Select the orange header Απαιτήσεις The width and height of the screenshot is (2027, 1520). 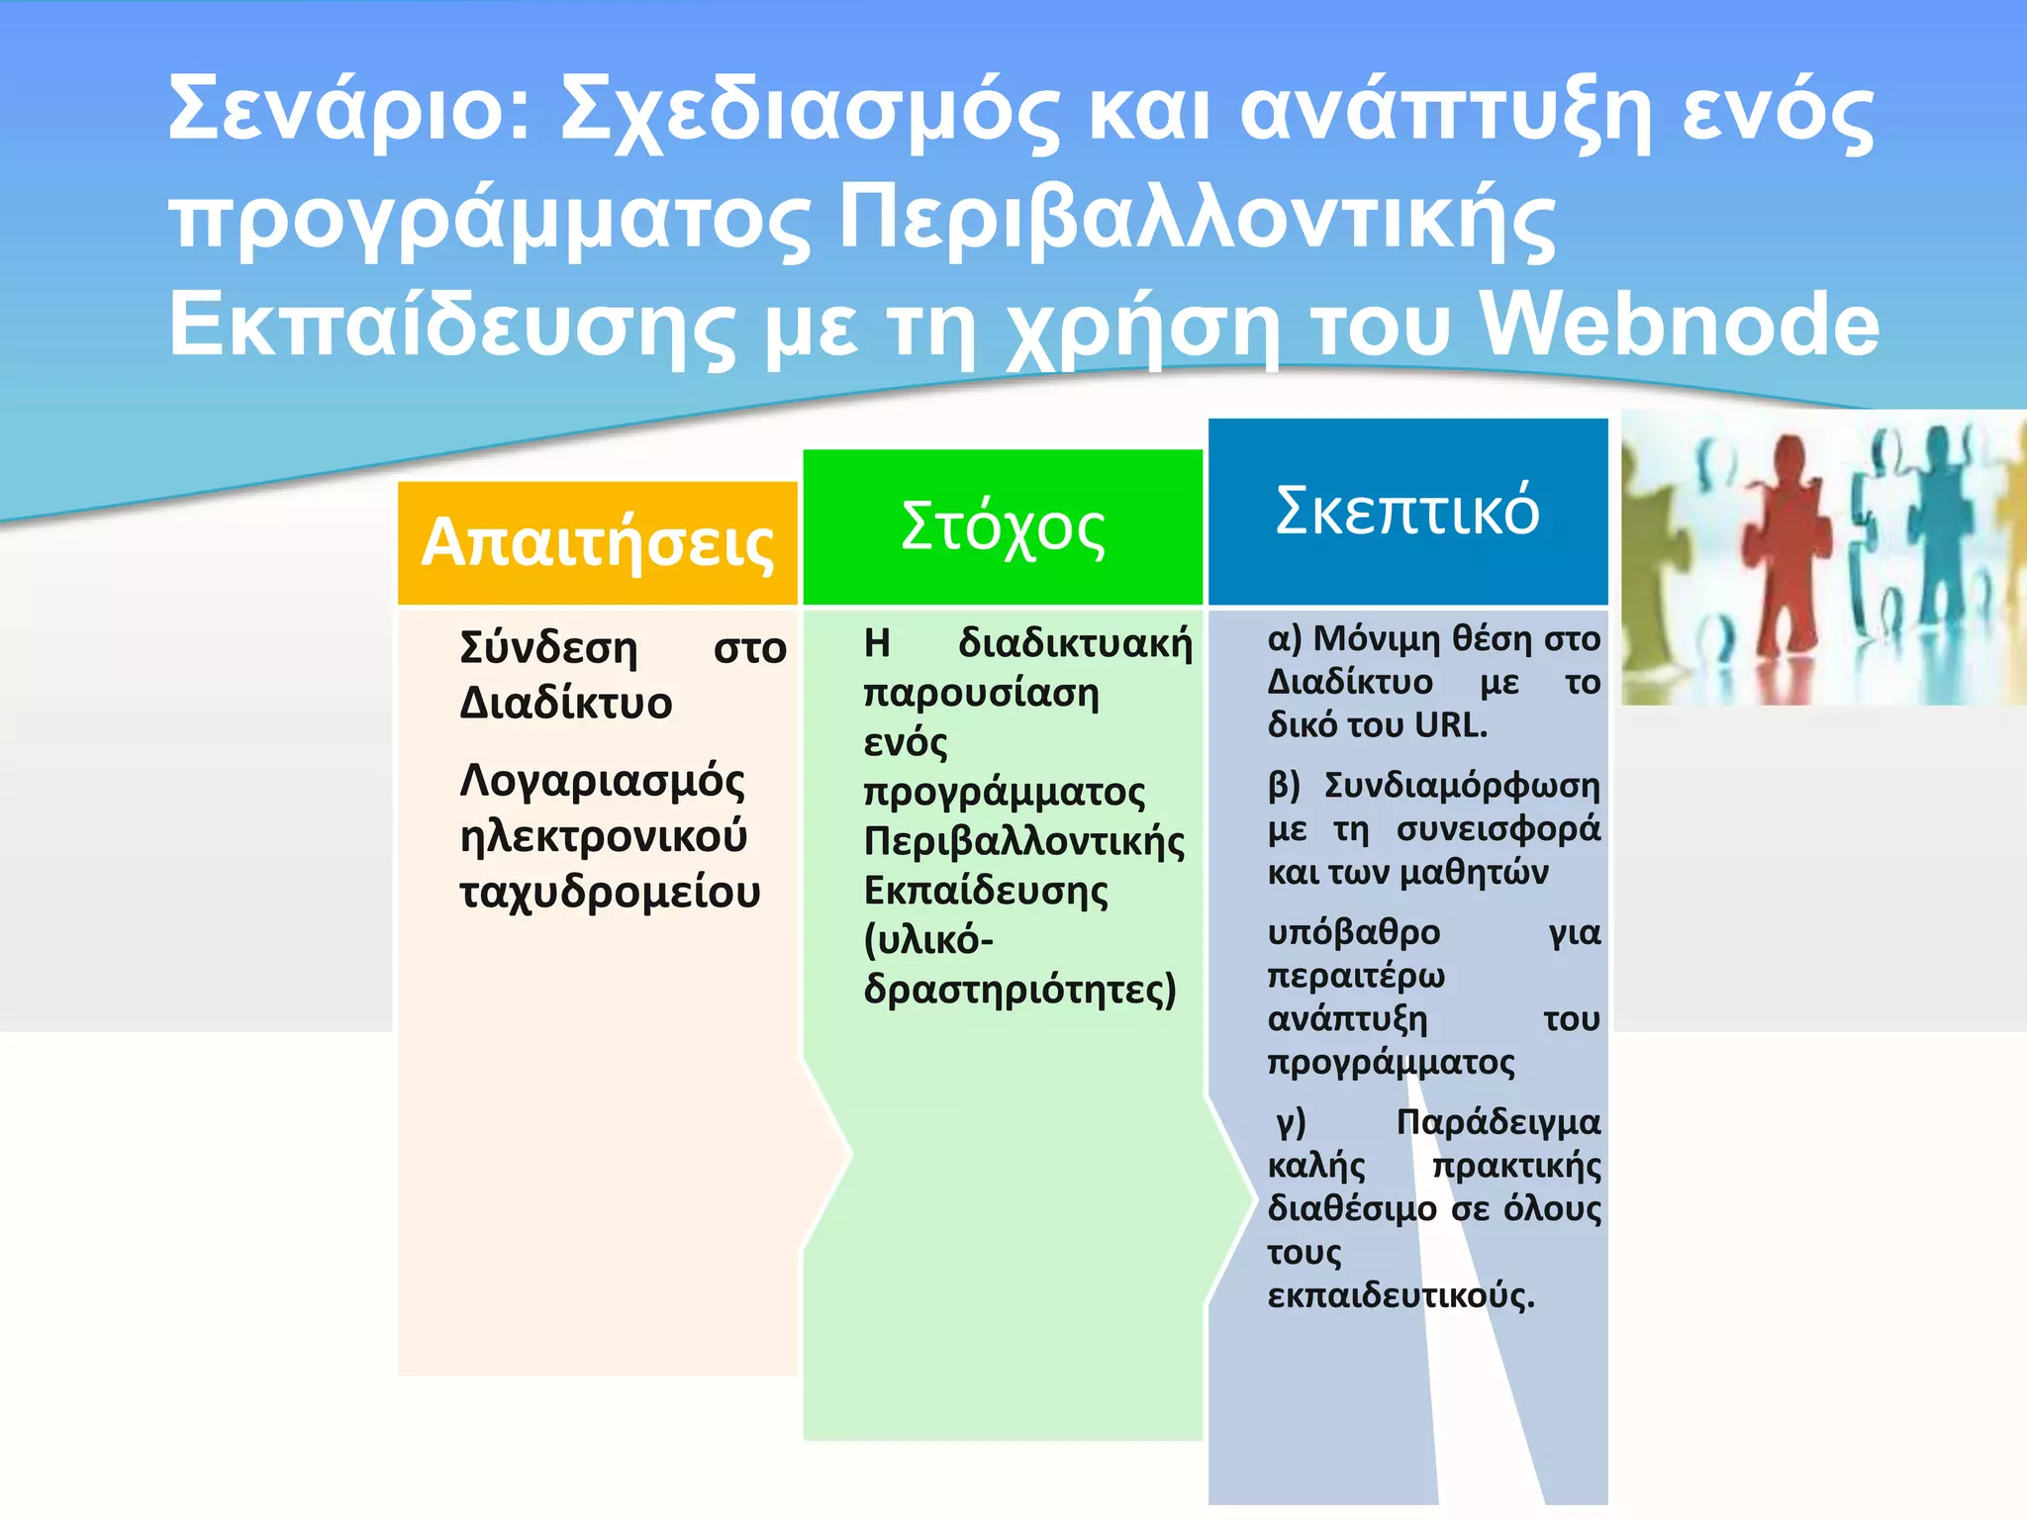(597, 543)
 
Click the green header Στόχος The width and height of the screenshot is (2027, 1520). (1002, 527)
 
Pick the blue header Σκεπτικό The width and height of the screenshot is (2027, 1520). (1406, 511)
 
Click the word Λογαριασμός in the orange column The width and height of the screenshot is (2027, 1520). (602, 782)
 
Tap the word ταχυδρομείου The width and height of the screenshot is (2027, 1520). (610, 893)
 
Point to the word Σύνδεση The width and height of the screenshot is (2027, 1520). (549, 648)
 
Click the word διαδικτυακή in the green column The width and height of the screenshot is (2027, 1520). (1075, 644)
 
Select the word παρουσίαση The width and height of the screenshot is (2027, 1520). (981, 694)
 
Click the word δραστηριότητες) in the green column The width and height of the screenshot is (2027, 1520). (1019, 990)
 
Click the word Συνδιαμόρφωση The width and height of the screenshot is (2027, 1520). (1462, 786)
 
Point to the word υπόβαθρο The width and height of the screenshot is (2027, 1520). (1354, 933)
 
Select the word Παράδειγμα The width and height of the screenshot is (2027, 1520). (1497, 1122)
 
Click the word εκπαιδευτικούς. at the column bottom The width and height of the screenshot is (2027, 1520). (1400, 1296)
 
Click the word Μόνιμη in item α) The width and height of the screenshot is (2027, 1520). (1377, 639)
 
